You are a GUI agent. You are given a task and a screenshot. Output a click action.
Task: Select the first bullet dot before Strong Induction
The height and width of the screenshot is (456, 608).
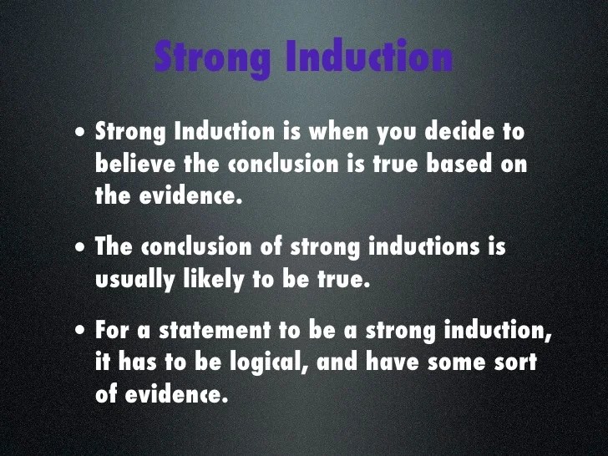(78, 134)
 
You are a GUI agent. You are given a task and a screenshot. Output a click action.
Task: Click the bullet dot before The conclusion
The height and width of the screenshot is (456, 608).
(78, 249)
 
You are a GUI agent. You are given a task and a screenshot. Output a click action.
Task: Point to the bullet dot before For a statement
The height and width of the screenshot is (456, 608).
(78, 332)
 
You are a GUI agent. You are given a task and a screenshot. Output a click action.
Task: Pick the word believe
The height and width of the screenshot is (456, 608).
(135, 164)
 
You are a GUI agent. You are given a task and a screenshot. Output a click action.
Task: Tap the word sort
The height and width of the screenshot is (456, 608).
(514, 362)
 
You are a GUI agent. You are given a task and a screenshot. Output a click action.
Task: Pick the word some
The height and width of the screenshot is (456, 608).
(448, 362)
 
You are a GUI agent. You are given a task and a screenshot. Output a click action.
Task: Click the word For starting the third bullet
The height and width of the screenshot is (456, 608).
(112, 331)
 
